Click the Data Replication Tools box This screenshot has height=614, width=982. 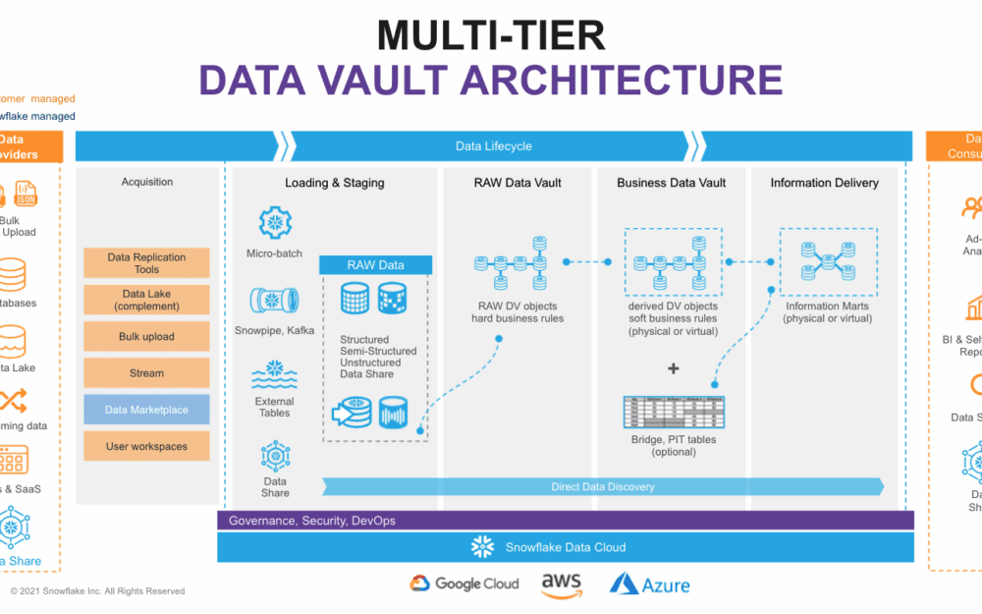[146, 262]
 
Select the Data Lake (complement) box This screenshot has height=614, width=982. [146, 300]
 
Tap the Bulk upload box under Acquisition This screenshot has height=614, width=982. [146, 336]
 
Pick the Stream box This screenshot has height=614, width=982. [146, 373]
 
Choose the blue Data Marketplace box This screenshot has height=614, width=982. [146, 410]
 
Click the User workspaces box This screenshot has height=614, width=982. [146, 446]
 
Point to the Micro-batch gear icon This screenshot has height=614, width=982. [275, 224]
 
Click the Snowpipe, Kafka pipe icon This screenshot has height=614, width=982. [275, 300]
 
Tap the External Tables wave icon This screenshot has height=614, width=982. [275, 375]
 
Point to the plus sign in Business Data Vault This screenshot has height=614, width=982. [673, 368]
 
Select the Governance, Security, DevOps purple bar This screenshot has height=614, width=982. [565, 520]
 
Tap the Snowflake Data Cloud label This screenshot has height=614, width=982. [565, 547]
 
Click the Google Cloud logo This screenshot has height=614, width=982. [464, 584]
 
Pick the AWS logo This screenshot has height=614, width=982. [562, 585]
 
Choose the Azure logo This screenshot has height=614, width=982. [649, 585]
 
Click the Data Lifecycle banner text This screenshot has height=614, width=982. [494, 146]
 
